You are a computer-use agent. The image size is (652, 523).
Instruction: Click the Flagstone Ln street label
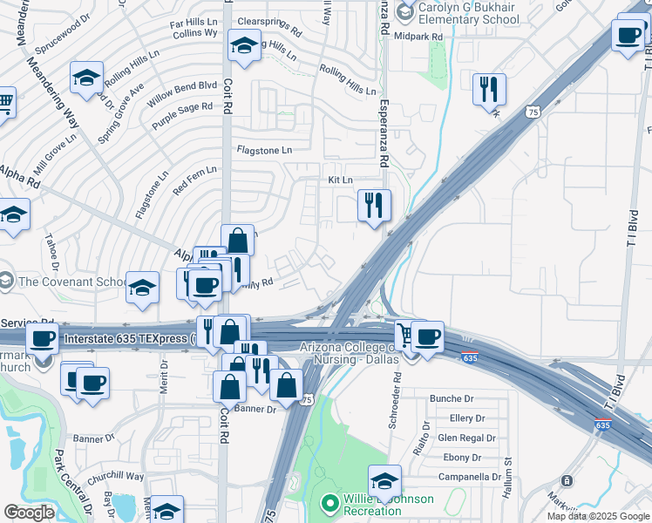click(264, 151)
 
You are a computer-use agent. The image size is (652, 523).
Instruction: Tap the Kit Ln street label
click(340, 180)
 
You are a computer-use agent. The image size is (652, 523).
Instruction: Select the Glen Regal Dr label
click(466, 438)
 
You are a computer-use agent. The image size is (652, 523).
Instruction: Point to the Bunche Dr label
click(451, 398)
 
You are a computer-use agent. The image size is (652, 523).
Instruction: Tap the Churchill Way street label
click(116, 477)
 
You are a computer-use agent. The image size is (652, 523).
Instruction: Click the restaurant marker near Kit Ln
click(375, 206)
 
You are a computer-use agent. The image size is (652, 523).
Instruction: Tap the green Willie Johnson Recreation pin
click(329, 503)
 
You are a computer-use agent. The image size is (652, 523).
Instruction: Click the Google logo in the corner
click(29, 513)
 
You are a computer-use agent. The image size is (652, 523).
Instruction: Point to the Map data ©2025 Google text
click(598, 516)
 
